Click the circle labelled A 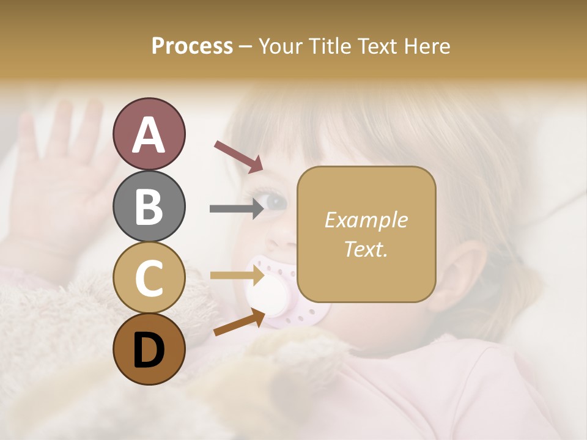click(x=149, y=134)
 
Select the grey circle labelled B click(x=149, y=206)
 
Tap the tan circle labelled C click(x=149, y=278)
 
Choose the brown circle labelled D click(x=149, y=350)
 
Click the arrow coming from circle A click(x=238, y=156)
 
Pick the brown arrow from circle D click(x=239, y=322)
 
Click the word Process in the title click(x=192, y=46)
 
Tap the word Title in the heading click(x=329, y=46)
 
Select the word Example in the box click(x=366, y=220)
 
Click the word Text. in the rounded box click(x=366, y=249)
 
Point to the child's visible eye click(x=275, y=200)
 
